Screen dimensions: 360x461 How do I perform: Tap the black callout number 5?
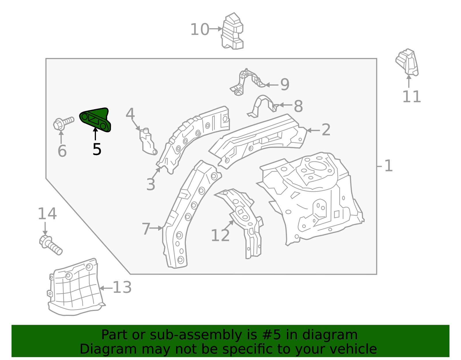pyautogui.click(x=97, y=149)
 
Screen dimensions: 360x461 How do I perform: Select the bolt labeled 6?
pyautogui.click(x=63, y=123)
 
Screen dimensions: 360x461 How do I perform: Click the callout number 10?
pyautogui.click(x=200, y=29)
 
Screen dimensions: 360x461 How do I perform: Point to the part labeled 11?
pyautogui.click(x=407, y=62)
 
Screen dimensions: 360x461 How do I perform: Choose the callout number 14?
pyautogui.click(x=47, y=214)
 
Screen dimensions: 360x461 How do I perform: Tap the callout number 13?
pyautogui.click(x=122, y=287)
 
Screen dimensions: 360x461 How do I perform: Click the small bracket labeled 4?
pyautogui.click(x=148, y=142)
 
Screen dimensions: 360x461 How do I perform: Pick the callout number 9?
pyautogui.click(x=285, y=84)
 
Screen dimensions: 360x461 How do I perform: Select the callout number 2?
pyautogui.click(x=326, y=130)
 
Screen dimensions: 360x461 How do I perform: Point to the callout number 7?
pyautogui.click(x=146, y=229)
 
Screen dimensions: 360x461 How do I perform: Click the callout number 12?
pyautogui.click(x=220, y=235)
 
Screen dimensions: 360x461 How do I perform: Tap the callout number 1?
pyautogui.click(x=388, y=166)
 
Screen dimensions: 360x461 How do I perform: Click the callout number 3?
pyautogui.click(x=151, y=184)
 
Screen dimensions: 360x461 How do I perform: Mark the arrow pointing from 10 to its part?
pyautogui.click(x=216, y=29)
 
